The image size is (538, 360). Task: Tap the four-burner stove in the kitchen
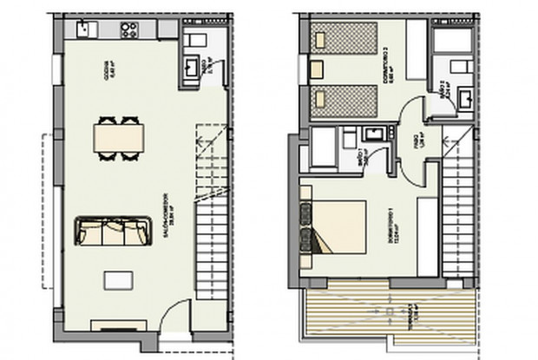(x=129, y=31)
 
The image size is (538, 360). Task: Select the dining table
(x=118, y=138)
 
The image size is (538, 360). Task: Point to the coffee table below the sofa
(x=117, y=280)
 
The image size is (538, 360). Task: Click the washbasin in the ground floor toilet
(x=192, y=66)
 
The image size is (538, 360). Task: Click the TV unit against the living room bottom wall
(x=112, y=325)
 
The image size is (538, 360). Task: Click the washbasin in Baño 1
(x=375, y=133)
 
